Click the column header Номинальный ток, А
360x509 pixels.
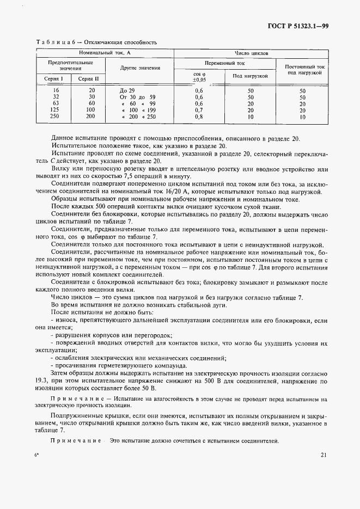[105, 53]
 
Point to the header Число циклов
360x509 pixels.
[251, 53]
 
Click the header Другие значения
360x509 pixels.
[140, 68]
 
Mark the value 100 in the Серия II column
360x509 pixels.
[90, 110]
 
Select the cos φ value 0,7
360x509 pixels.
[198, 110]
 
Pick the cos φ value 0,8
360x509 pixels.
[198, 116]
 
